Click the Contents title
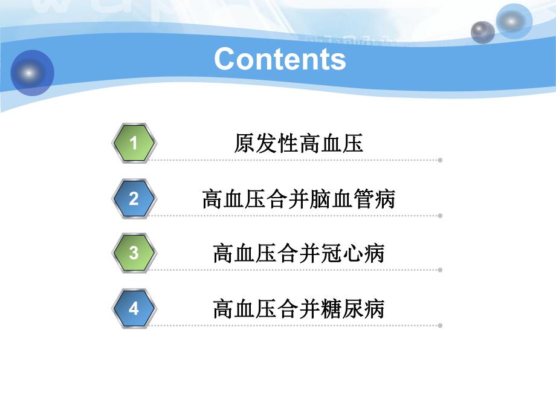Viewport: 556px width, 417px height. point(280,59)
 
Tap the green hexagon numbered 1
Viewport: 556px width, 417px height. point(134,143)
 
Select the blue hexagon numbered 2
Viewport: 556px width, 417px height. point(134,199)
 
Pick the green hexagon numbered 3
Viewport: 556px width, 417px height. point(134,253)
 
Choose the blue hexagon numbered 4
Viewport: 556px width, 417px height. point(134,309)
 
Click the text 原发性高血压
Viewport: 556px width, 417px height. point(299,144)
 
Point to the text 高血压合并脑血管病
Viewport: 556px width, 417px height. point(299,199)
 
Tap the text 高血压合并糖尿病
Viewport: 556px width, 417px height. point(299,309)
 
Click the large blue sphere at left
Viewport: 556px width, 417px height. point(31,73)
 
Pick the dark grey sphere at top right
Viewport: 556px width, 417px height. point(482,32)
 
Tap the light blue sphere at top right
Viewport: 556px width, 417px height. point(513,22)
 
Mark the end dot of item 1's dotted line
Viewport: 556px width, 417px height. point(440,160)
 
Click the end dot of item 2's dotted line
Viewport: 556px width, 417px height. point(440,215)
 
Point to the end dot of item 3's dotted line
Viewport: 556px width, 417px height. point(440,270)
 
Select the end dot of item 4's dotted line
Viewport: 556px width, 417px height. point(440,325)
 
